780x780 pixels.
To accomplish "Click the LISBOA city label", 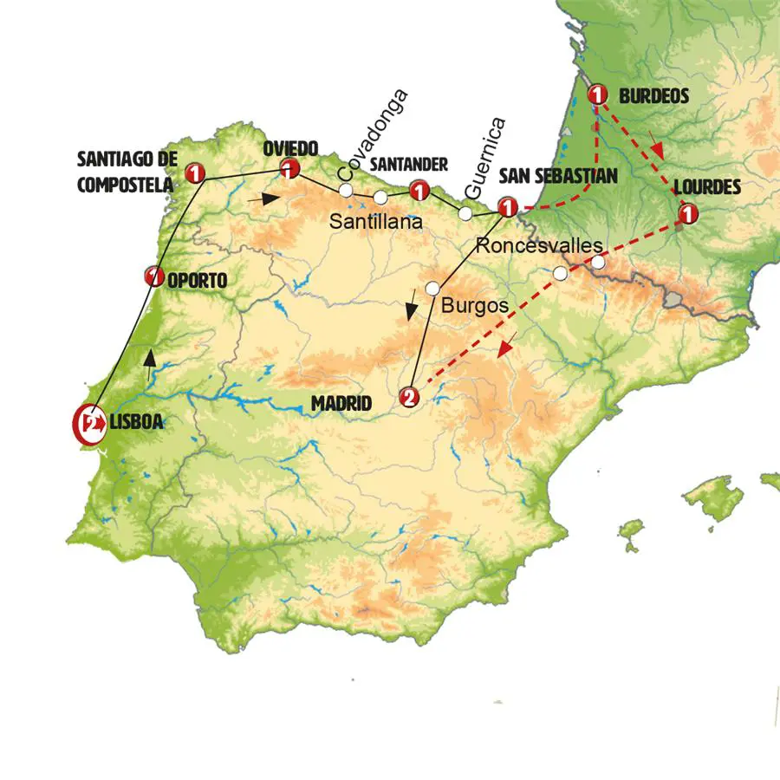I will [x=136, y=424].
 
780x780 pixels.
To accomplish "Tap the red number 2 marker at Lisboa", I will [x=88, y=424].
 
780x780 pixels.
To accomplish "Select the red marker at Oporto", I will [x=154, y=277].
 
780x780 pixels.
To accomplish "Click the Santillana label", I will [x=375, y=222].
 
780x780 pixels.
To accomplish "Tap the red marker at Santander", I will [x=420, y=190].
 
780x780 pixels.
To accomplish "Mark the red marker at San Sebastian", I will [x=509, y=207].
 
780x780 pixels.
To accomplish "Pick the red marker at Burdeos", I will [x=597, y=94].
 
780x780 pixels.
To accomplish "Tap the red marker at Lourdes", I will [x=688, y=212].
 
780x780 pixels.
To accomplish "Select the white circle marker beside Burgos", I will [x=432, y=288].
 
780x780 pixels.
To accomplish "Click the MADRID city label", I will [x=341, y=404].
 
